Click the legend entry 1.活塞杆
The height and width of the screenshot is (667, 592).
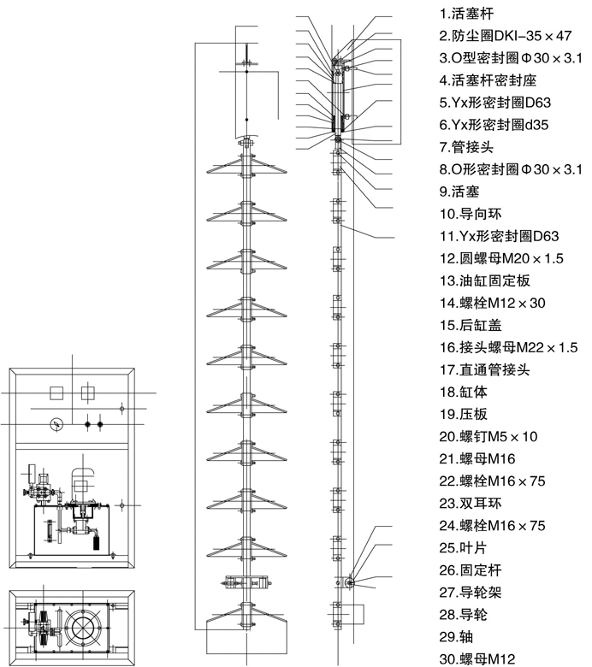pos(466,14)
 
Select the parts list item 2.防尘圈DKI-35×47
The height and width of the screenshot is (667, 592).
pos(506,36)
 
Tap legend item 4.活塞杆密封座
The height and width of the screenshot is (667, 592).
pos(488,80)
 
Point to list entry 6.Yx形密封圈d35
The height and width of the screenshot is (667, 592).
pos(494,125)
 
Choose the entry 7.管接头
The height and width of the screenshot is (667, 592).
pos(466,147)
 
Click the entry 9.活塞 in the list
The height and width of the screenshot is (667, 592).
pos(459,192)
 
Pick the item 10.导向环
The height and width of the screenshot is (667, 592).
pos(471,214)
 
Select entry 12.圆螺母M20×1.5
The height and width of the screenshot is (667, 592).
pos(501,258)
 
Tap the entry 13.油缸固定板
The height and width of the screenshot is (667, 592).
pos(485,280)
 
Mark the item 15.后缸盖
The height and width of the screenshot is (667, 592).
pos(471,325)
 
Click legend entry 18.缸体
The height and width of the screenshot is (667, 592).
pos(463,392)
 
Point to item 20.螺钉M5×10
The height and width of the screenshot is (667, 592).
pos(488,436)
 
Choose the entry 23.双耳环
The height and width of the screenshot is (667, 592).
pos(471,503)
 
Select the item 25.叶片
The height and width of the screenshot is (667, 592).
pos(463,547)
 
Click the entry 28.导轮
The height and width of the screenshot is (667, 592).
pos(463,614)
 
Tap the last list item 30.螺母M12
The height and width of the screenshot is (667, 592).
pos(477,659)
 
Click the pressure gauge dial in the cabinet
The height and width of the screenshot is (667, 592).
pos(56,424)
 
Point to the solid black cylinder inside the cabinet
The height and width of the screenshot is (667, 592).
pos(96,542)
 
